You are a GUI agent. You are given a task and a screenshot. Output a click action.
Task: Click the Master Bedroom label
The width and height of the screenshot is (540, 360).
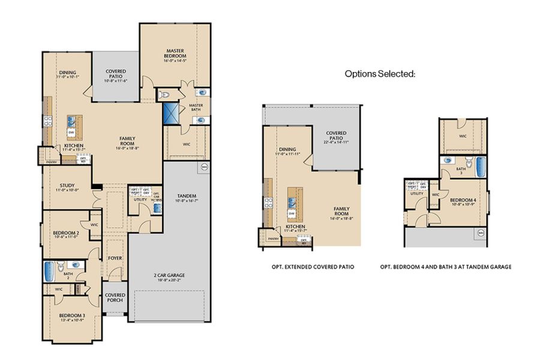coord(175,55)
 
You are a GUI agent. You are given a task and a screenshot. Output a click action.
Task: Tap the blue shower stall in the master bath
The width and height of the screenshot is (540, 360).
coord(173,113)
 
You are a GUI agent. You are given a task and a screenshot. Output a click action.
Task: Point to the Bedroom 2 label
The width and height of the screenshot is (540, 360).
coord(65,233)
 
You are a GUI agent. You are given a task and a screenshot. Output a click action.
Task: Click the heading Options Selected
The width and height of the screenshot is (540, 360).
coord(380,74)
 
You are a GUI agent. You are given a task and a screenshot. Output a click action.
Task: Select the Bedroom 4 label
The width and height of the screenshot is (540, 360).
coord(463,200)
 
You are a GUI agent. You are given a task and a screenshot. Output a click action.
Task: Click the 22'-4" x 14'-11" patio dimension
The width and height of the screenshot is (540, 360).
coord(335,142)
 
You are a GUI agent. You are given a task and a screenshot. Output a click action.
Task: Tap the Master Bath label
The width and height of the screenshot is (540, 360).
coord(196,107)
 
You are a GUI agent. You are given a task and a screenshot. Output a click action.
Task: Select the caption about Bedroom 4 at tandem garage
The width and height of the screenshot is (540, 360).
coord(446,266)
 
